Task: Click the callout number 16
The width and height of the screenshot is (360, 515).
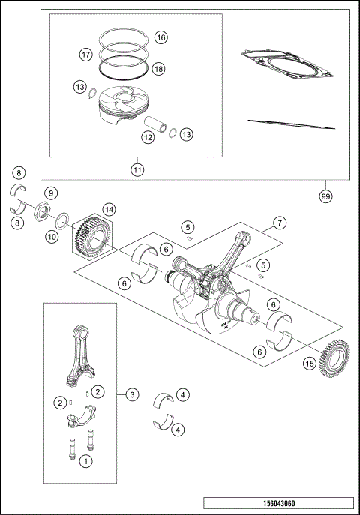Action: click(160, 37)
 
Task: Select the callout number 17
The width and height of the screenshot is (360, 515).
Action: click(86, 54)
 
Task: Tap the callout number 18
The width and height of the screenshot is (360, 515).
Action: click(158, 68)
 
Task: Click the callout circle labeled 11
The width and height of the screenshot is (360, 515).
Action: click(136, 169)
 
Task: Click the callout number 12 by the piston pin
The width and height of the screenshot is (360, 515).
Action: click(148, 137)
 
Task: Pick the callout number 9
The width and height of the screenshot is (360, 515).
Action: click(50, 193)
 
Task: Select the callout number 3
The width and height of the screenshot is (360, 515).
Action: click(132, 394)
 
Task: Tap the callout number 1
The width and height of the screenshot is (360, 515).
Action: click(87, 462)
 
